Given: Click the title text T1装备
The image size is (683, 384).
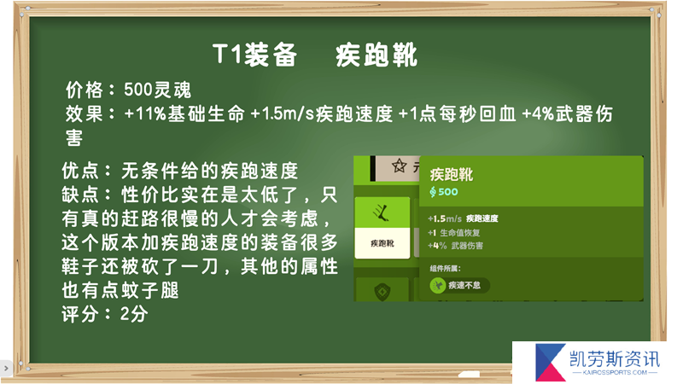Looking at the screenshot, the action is tap(254, 55).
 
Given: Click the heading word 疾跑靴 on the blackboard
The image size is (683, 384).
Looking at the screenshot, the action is tap(377, 55).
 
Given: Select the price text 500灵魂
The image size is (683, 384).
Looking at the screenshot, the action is tap(157, 90).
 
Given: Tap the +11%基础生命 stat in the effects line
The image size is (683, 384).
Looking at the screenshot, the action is tap(184, 114).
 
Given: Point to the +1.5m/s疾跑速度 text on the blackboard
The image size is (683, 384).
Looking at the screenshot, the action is tap(322, 114).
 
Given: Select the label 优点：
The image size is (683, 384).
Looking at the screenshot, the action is tap(88, 171).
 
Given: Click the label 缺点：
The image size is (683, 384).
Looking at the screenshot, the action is tap(88, 195).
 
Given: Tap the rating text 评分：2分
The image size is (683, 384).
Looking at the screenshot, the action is tap(104, 314).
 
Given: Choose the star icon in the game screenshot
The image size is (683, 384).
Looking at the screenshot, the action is tap(399, 166).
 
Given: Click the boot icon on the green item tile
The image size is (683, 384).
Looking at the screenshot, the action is tap(381, 212).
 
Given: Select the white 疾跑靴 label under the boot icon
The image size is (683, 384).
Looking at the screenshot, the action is tap(382, 243).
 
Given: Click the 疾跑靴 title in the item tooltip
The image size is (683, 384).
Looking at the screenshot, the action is tap(452, 175).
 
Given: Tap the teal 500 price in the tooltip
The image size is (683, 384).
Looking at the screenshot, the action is tap(447, 191).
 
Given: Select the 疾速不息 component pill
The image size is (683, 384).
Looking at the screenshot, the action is tap(459, 285).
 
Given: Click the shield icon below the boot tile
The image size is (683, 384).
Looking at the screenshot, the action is tap(382, 291).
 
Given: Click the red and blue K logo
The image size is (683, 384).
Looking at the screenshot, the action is tap(550, 361).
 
